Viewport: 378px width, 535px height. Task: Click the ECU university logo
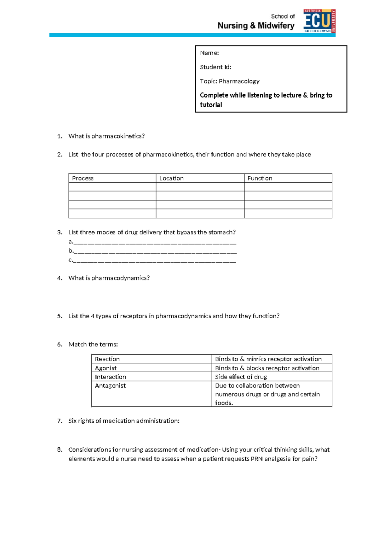[x=319, y=21]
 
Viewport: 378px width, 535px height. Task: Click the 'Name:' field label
[x=209, y=53]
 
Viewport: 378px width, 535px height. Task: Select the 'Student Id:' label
[x=215, y=67]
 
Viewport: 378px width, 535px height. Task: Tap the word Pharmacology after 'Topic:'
[x=239, y=81]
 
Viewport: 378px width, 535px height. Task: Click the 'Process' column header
[x=83, y=178]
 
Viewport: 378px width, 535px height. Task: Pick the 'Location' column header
[x=171, y=178]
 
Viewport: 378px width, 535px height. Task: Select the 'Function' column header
[x=260, y=178]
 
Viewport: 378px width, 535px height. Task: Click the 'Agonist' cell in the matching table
[x=106, y=368]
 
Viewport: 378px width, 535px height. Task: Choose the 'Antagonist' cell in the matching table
[x=110, y=385]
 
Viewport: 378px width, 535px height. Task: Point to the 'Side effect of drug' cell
[x=241, y=377]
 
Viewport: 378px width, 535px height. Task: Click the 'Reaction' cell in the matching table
[x=107, y=359]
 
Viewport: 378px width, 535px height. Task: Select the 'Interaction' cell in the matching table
[x=110, y=377]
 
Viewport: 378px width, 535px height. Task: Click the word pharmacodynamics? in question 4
[x=120, y=278]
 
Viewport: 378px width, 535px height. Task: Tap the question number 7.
[x=60, y=421]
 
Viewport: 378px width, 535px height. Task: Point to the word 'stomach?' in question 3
[x=222, y=232]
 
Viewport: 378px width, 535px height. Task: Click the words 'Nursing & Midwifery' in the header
[x=256, y=26]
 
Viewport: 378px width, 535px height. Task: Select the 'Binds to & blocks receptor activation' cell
[x=267, y=368]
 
